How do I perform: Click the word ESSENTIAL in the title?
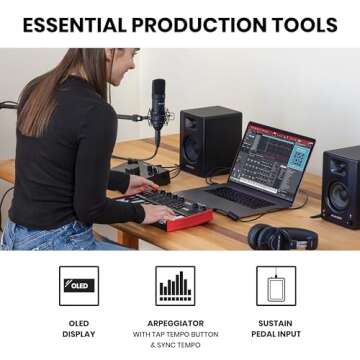coord(76,24)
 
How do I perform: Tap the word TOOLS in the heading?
coord(304,24)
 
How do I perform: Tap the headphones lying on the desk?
coord(285,236)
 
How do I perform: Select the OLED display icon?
coord(78,285)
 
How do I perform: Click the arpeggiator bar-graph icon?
coord(175,285)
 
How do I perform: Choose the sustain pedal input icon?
coord(275,285)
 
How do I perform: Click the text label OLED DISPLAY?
coord(78,329)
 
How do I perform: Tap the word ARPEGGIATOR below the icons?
coord(175,323)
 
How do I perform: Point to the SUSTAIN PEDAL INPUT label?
coord(275,329)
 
